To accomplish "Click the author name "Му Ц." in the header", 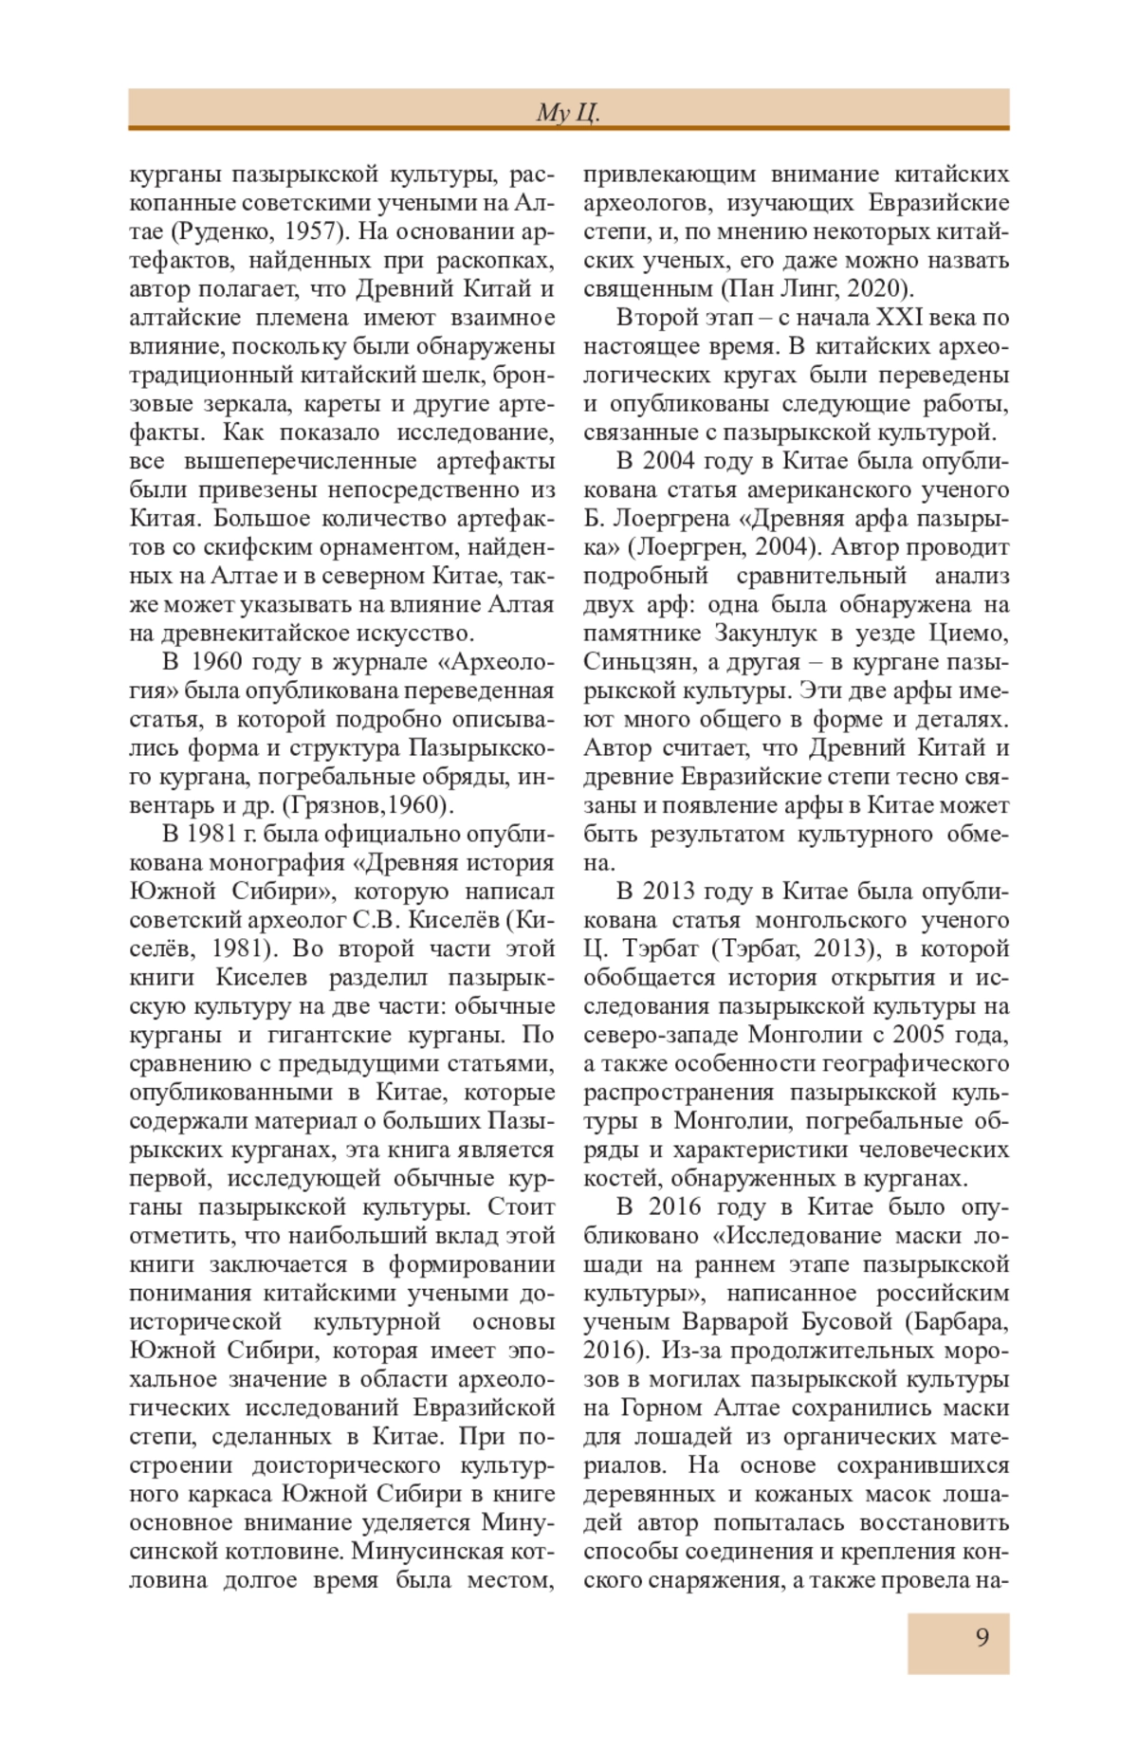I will [x=568, y=113].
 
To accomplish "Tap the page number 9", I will [x=982, y=1638].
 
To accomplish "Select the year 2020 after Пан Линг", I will [x=877, y=288].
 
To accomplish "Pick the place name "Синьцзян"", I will [x=633, y=662].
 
